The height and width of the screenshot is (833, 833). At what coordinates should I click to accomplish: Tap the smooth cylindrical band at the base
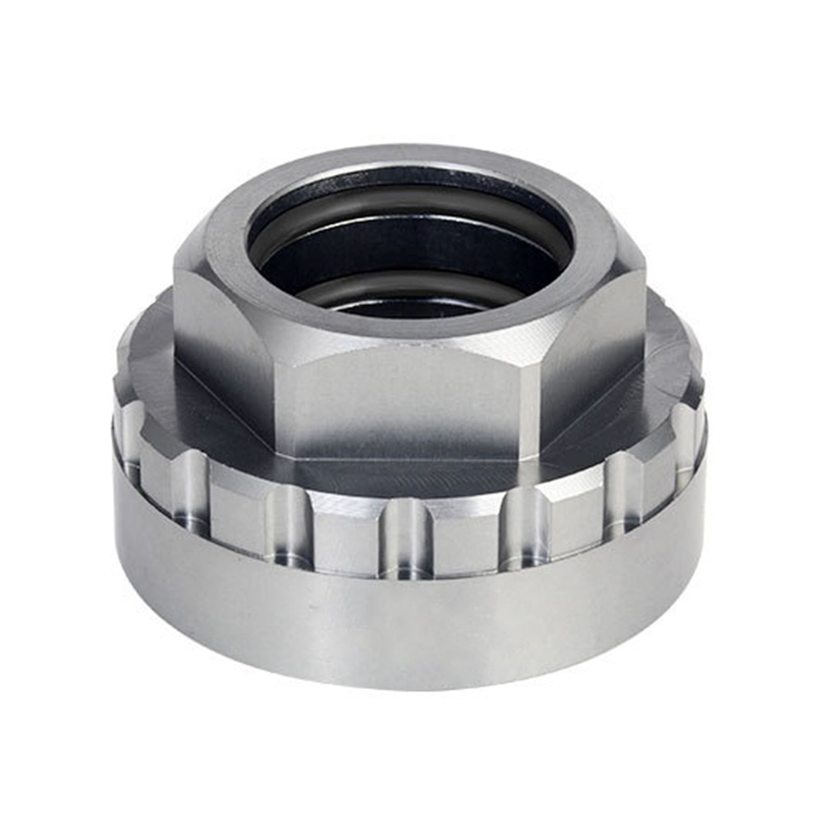[x=416, y=598]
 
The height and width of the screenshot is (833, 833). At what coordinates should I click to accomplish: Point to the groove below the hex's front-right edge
[x=520, y=531]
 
